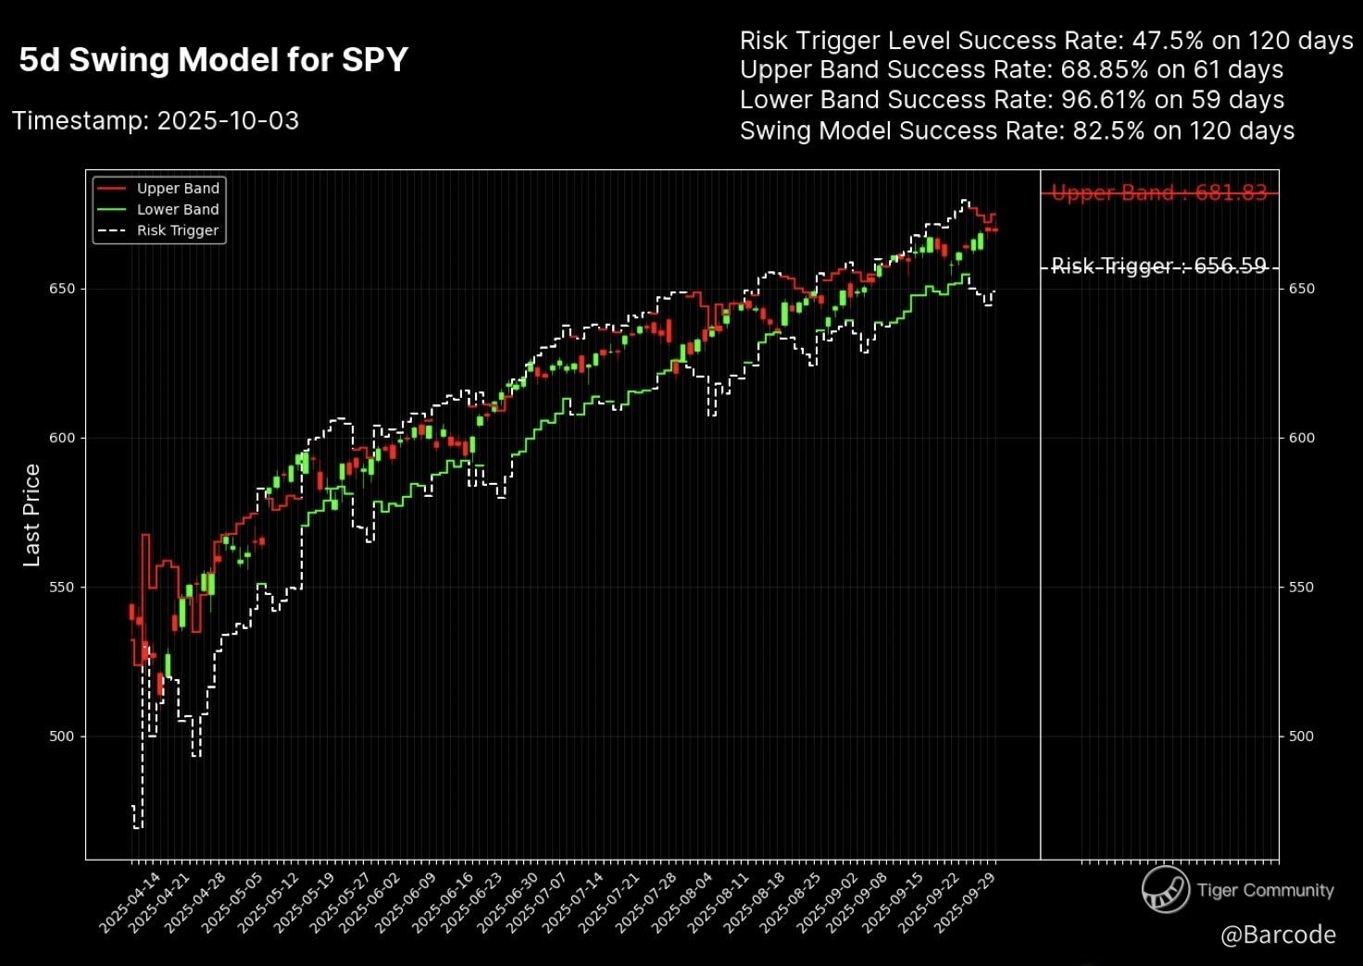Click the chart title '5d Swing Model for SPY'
(213, 60)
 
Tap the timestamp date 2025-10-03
(228, 121)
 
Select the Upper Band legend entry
(177, 189)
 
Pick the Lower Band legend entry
(177, 210)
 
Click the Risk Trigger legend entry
(177, 231)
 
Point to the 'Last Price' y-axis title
(31, 515)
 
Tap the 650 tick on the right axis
(1301, 289)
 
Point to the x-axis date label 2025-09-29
(967, 902)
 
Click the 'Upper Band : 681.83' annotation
(1158, 193)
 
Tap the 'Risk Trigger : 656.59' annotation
(1158, 266)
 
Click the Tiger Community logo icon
(1165, 890)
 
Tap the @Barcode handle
(1278, 935)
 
